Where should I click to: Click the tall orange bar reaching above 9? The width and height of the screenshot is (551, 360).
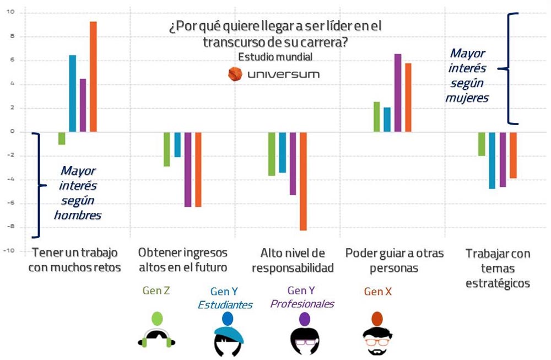(93, 77)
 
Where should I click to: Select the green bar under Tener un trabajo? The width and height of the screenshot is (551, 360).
(62, 138)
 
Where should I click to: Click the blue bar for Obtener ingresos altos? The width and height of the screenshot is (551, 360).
(177, 144)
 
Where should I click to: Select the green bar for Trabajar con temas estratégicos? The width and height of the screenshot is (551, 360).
(482, 144)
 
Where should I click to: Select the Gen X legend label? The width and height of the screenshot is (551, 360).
(378, 292)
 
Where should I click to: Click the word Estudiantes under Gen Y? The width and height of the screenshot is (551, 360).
(225, 305)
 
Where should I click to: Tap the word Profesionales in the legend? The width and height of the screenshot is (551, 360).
(302, 304)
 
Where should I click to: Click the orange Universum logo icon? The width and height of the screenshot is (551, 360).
(235, 74)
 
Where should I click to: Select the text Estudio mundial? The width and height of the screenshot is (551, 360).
(275, 57)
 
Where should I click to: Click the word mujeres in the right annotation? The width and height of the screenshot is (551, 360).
(468, 99)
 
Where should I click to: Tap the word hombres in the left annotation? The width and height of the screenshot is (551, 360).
(78, 215)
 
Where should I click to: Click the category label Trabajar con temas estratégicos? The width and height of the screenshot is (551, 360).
(498, 268)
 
